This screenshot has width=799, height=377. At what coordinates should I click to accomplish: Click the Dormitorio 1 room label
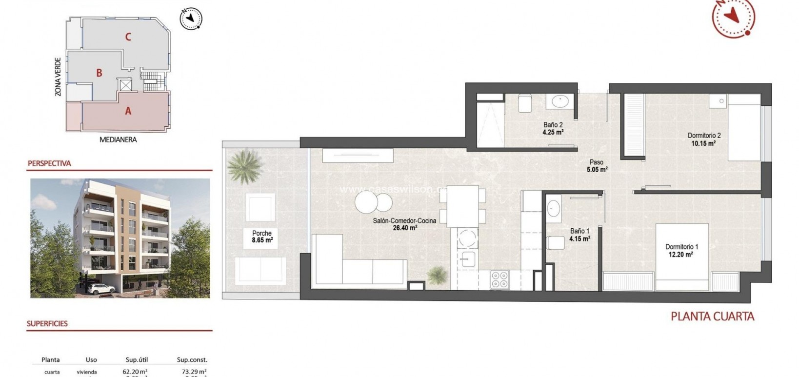coord(681,247)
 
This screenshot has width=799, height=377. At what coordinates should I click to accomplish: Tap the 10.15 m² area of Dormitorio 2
coord(703,143)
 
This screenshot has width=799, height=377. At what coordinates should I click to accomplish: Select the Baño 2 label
coord(553,125)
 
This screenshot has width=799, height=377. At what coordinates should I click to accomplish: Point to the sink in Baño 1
coord(553,208)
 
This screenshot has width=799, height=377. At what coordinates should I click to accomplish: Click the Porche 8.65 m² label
coord(262,237)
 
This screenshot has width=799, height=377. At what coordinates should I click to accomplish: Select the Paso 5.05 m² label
coord(597,166)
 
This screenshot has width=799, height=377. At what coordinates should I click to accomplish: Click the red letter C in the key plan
coord(128,37)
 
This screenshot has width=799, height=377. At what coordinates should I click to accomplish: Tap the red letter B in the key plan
coord(99,73)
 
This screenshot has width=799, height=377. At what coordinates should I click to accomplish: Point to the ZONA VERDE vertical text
coord(58,77)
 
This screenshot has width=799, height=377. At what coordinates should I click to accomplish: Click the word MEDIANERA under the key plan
coord(118,139)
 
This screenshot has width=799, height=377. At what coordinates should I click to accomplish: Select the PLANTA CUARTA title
coord(712,316)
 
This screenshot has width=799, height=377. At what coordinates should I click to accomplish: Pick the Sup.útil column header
coord(137,360)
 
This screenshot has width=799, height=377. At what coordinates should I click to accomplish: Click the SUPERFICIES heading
coord(47,323)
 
